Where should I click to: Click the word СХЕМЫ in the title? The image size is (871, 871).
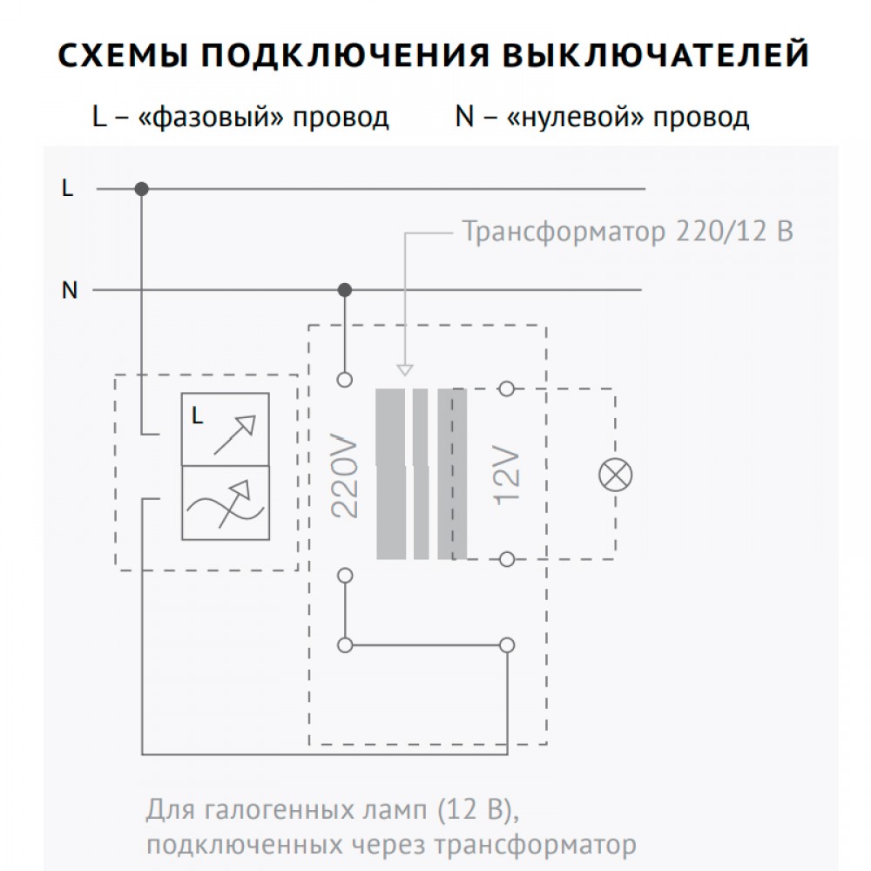click(124, 55)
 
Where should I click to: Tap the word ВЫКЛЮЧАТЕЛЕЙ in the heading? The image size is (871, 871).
click(656, 55)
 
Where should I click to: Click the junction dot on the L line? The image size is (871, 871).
click(142, 189)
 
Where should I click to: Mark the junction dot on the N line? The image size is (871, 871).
click(345, 290)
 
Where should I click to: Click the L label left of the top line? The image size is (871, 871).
click(67, 188)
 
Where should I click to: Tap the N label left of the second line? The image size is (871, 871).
click(70, 290)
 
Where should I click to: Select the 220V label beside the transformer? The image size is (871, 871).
click(344, 476)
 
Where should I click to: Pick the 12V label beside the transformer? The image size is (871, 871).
click(507, 476)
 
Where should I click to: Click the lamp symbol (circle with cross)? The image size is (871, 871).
click(616, 476)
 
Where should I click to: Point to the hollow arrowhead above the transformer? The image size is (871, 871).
click(405, 370)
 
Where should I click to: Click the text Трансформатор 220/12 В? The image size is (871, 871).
click(628, 231)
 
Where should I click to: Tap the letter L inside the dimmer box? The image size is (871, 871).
click(197, 415)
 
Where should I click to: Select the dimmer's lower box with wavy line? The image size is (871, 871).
click(226, 503)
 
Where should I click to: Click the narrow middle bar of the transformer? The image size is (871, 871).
click(421, 474)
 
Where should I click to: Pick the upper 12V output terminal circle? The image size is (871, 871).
click(507, 388)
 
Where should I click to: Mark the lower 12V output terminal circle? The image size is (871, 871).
click(507, 559)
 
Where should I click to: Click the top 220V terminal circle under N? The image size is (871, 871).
click(345, 380)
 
